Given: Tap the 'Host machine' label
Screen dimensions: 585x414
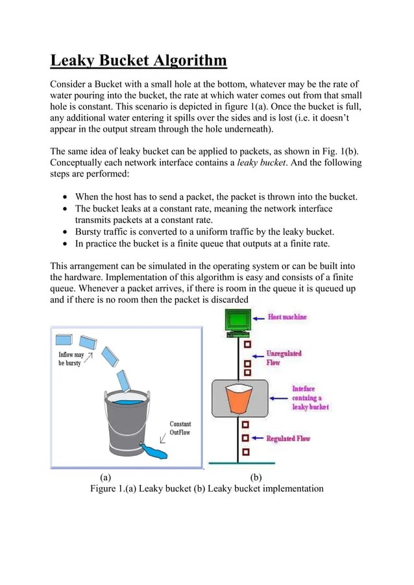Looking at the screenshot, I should [x=287, y=317].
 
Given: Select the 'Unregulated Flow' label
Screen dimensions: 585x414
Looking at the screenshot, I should [x=284, y=358].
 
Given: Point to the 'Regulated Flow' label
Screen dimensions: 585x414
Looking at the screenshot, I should [x=288, y=439].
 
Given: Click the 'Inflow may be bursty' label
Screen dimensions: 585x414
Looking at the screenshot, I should [x=71, y=359].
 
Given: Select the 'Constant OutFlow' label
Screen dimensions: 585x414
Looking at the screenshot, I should [x=180, y=428].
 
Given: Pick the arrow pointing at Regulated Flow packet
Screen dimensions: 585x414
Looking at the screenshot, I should [x=257, y=439].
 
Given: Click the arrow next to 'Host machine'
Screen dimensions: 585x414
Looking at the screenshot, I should [x=260, y=318].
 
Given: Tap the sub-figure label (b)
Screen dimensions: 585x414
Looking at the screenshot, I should [x=255, y=477].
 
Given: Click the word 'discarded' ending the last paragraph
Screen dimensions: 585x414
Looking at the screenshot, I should [x=227, y=300].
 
